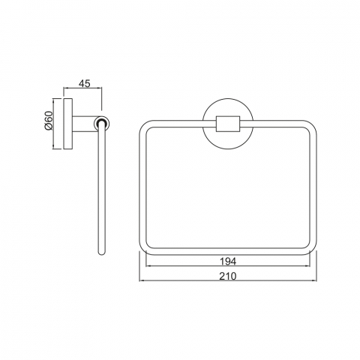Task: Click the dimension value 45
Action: coord(84,83)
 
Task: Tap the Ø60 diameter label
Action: coord(49,120)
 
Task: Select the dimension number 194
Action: coord(228,262)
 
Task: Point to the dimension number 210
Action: coord(228,276)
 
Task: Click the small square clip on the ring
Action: coord(228,124)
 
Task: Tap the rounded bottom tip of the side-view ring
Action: coord(101,253)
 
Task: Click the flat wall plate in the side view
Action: coord(67,124)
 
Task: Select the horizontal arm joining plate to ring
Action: coord(84,124)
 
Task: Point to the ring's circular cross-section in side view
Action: coord(102,124)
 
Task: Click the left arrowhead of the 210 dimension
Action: coord(141,280)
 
